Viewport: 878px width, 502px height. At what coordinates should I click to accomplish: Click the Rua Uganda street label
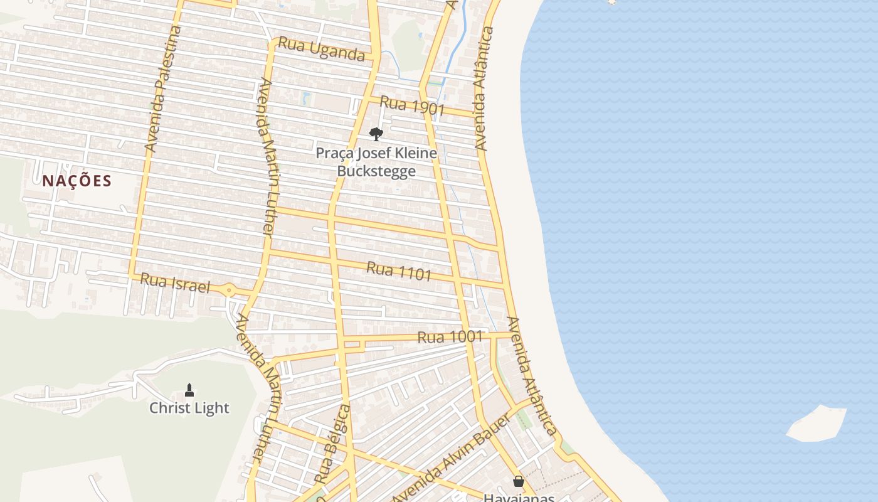pos(321,49)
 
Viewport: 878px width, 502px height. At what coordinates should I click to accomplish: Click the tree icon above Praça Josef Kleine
pos(376,134)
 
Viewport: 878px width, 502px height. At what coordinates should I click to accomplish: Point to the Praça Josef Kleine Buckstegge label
pos(376,162)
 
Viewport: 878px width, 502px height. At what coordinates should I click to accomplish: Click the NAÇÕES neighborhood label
pos(77,181)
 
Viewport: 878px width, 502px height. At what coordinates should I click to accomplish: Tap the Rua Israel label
pos(174,283)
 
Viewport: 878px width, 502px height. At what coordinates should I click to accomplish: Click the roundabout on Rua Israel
pos(229,291)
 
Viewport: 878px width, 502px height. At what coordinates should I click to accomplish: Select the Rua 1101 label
pos(399,271)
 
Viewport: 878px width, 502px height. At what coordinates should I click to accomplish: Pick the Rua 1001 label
pos(450,337)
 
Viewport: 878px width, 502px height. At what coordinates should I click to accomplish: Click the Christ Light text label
pos(189,408)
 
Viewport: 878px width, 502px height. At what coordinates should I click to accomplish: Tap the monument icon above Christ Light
pos(189,390)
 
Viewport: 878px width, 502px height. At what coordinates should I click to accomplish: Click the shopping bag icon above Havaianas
pos(519,481)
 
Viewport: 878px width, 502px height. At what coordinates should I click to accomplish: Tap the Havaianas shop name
pos(519,498)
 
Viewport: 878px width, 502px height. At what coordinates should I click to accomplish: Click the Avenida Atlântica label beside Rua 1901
pos(482,88)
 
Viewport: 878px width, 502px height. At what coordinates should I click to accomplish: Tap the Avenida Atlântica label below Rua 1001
pos(532,375)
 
